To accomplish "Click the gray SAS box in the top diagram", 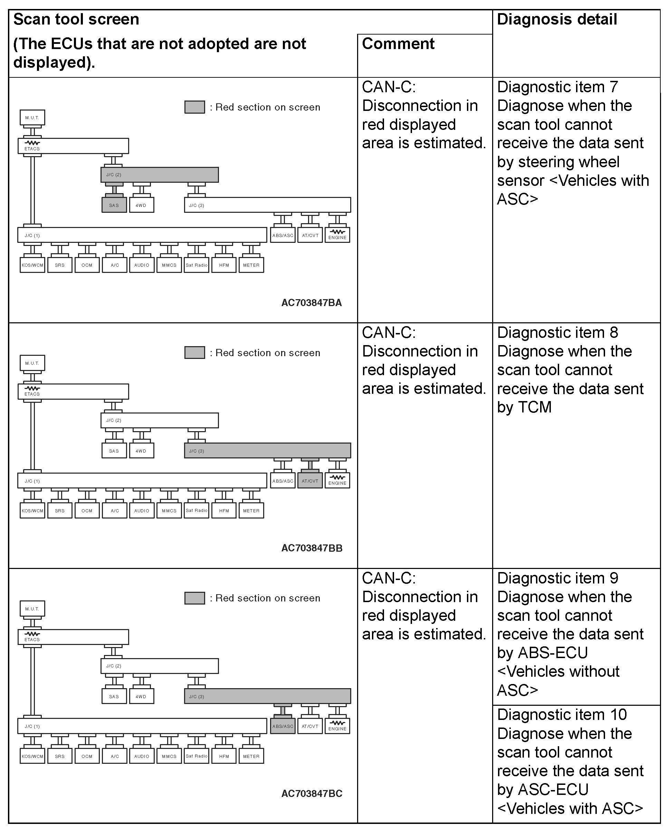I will coord(114,205).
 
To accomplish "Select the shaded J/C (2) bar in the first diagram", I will coord(159,174).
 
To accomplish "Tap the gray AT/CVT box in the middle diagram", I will coord(310,481).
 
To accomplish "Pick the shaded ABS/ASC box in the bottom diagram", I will coord(283,726).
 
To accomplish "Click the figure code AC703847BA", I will coord(312,303).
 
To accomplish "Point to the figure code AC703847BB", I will coord(312,548).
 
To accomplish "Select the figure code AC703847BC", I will coord(312,794).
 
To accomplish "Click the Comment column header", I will coord(398,44).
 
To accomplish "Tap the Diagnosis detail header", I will coord(557,19).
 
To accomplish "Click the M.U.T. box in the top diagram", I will coord(32,117).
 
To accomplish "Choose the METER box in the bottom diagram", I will coord(251,756).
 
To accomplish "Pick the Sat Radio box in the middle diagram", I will coord(197,511).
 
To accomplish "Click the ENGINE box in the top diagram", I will coord(337,235).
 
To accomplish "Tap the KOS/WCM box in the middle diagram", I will coord(32,511).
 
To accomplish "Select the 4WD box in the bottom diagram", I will coord(141,696).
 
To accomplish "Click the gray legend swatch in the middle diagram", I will coord(195,352).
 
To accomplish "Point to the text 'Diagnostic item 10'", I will coord(562,715).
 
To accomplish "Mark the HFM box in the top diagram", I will coord(224,265).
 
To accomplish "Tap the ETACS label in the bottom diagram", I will coord(32,639).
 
